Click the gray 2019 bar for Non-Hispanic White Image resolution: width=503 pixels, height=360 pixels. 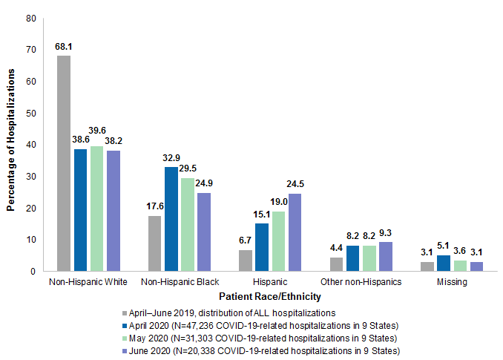click(x=64, y=163)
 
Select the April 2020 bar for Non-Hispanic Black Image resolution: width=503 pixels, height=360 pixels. click(x=171, y=219)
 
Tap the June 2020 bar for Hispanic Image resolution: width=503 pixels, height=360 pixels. click(x=295, y=232)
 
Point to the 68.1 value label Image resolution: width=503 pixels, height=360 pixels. click(x=64, y=46)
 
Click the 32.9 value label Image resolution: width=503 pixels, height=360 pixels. click(x=171, y=158)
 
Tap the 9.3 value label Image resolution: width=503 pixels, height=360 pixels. click(x=387, y=233)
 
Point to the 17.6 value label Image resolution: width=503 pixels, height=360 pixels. click(x=154, y=207)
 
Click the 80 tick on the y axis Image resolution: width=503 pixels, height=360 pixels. click(x=30, y=18)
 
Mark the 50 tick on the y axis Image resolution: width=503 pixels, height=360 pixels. click(x=30, y=113)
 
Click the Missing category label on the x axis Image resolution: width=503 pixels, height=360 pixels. click(x=453, y=283)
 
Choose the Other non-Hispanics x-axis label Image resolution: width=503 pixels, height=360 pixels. click(x=361, y=283)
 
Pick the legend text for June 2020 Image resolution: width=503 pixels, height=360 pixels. click(x=263, y=350)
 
